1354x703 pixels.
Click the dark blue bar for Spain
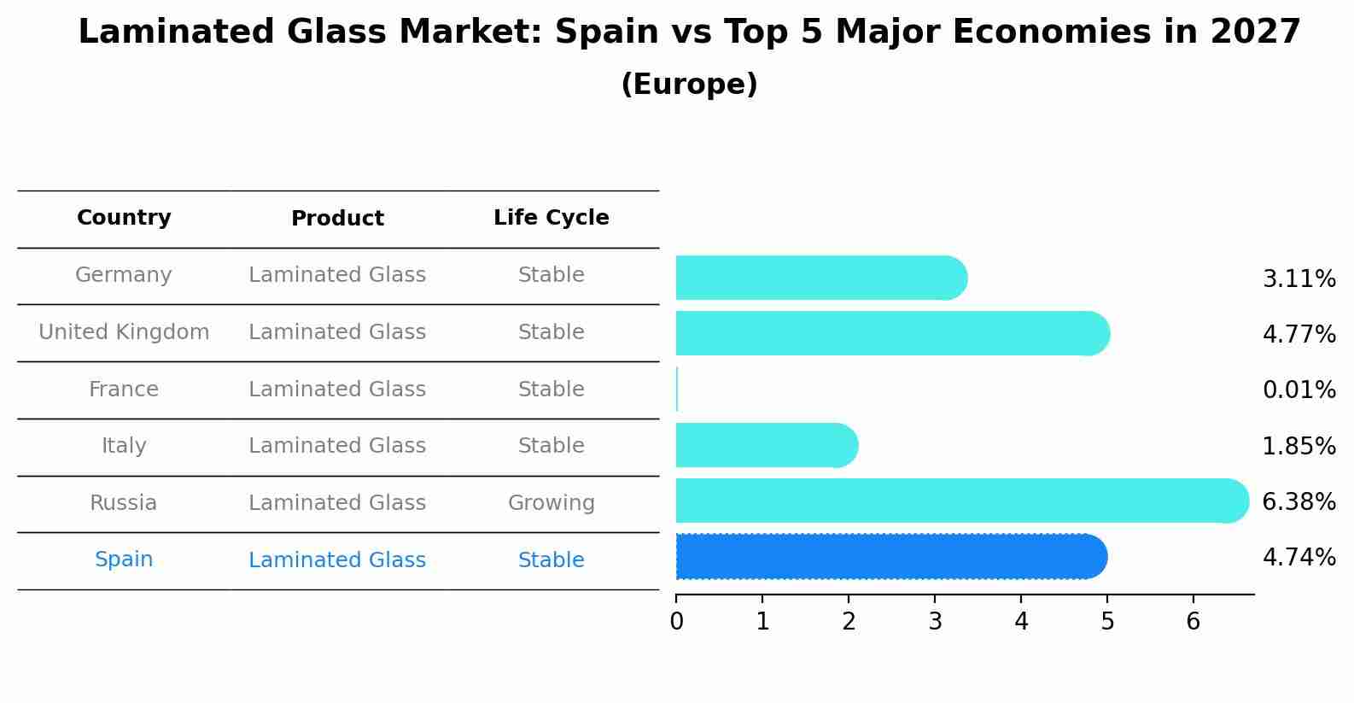coord(888,556)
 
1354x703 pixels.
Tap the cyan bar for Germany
coord(820,278)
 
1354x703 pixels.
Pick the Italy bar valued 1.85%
coord(765,445)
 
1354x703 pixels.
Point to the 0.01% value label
coord(1299,390)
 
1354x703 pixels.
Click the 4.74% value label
coord(1299,558)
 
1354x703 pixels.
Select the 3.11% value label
coord(1299,279)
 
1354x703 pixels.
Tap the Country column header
coord(124,218)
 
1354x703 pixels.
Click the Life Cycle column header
coord(551,218)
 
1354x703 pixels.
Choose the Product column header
coord(337,219)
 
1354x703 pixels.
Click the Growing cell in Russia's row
coord(551,503)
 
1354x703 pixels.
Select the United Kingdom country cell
coord(124,332)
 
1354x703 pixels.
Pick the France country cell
coord(124,390)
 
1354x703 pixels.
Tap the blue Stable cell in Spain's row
coord(551,560)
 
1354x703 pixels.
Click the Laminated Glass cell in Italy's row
coord(337,446)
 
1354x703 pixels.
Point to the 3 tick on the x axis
coord(935,621)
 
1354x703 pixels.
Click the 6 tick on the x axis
coord(1194,621)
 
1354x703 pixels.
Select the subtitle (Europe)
coord(689,85)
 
